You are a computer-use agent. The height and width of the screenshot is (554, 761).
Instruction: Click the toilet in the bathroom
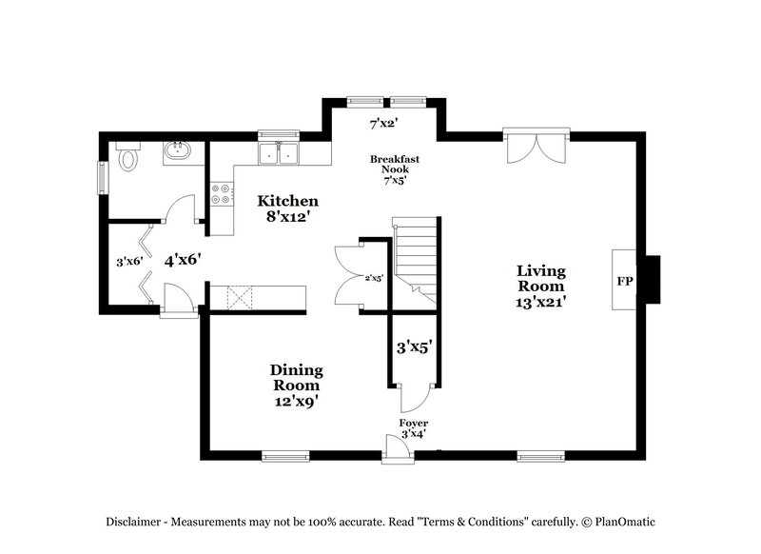tap(127, 157)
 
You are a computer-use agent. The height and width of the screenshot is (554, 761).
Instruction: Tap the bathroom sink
tap(177, 151)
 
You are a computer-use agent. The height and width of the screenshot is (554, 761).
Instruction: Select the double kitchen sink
tap(280, 153)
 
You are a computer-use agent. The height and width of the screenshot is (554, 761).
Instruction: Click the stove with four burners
tap(223, 194)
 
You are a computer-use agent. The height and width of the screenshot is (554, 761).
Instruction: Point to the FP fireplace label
tap(624, 283)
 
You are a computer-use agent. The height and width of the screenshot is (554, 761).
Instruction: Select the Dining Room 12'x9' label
tap(296, 386)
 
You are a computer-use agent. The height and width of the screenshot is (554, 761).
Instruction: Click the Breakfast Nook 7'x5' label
tap(395, 169)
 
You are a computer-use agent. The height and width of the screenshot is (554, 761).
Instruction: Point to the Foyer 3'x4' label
tap(413, 427)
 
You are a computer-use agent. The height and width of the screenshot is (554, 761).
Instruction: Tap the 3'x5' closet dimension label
tap(415, 348)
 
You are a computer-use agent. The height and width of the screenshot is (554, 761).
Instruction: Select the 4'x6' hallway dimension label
tap(181, 259)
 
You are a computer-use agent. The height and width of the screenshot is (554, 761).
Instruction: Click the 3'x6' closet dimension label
tap(128, 260)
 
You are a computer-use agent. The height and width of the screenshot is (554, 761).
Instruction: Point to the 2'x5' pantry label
tap(373, 278)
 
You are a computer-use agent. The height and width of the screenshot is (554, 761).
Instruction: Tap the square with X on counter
tap(237, 297)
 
